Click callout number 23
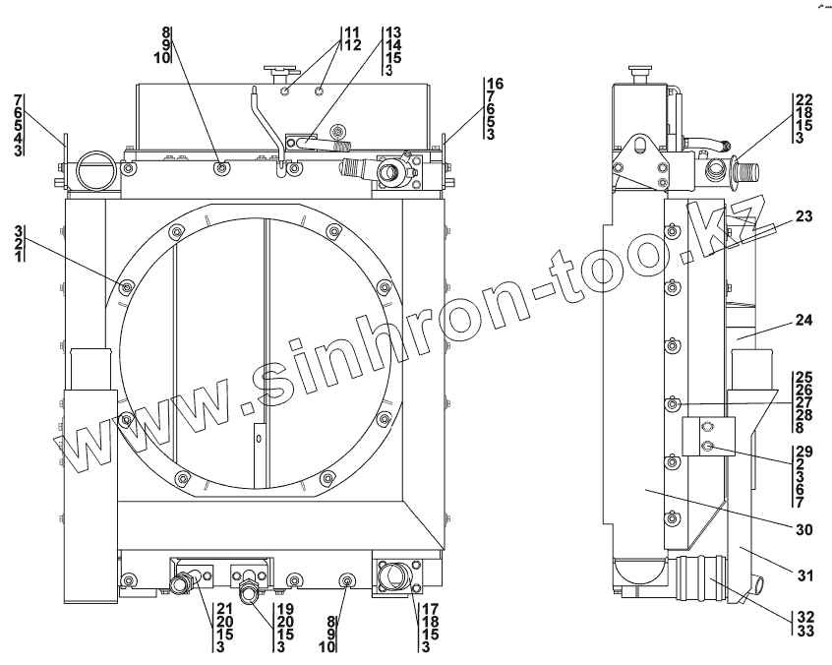pyautogui.click(x=803, y=216)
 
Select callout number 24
pyautogui.click(x=803, y=320)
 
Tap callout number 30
pyautogui.click(x=803, y=529)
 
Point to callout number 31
pyautogui.click(x=803, y=575)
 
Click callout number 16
pyautogui.click(x=496, y=84)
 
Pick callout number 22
pyautogui.click(x=803, y=99)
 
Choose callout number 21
pyautogui.click(x=225, y=609)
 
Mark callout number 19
pyautogui.click(x=285, y=609)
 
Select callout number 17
pyautogui.click(x=431, y=609)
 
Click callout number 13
pyautogui.click(x=393, y=32)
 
